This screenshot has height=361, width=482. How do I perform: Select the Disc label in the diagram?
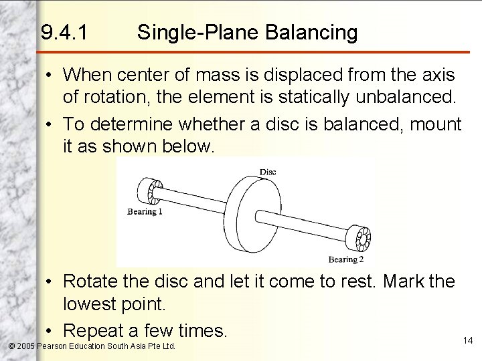point(268,172)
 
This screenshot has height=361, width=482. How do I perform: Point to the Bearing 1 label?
point(145,212)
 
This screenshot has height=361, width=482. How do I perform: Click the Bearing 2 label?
point(346,259)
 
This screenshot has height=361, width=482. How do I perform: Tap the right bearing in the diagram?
point(366,238)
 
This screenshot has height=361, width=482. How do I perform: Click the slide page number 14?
point(467,341)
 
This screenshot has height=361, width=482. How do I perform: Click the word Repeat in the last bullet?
point(102,330)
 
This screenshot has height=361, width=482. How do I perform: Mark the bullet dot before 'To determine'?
point(51,124)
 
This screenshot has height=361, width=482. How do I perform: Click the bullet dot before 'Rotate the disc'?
point(51,282)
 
